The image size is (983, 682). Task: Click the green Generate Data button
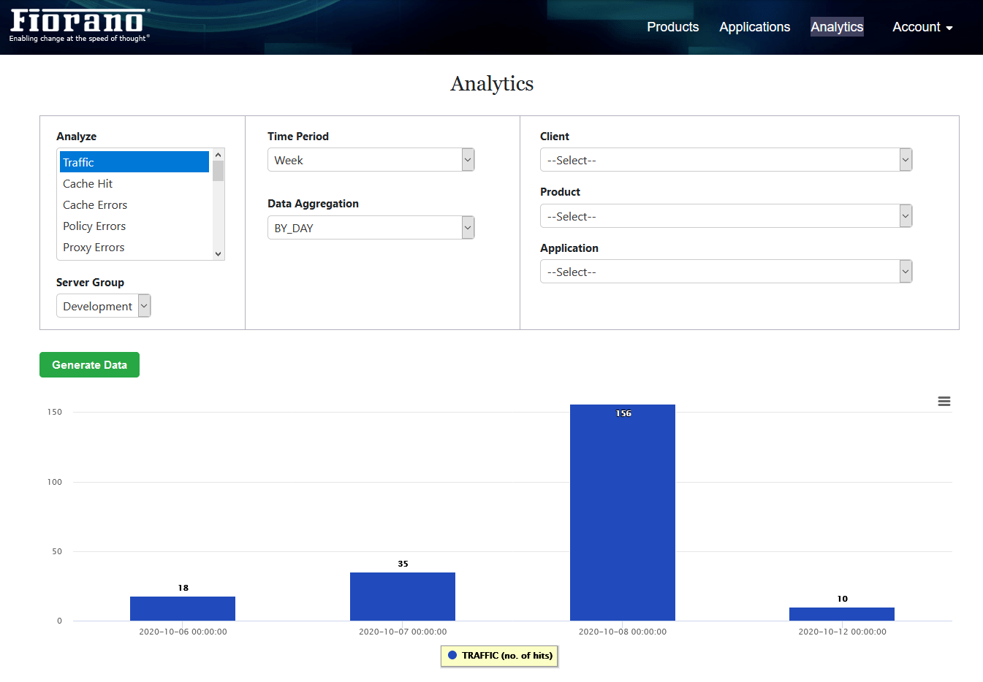click(x=89, y=364)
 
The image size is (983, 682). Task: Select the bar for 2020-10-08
click(x=622, y=513)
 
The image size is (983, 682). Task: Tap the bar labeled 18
click(x=183, y=608)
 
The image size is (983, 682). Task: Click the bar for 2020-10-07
click(x=403, y=597)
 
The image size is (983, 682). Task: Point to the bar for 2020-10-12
click(x=842, y=614)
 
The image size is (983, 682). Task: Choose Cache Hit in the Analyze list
click(x=88, y=184)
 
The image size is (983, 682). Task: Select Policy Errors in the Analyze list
click(x=94, y=226)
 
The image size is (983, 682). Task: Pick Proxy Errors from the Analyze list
click(x=94, y=248)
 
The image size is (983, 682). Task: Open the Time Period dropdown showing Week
click(x=371, y=159)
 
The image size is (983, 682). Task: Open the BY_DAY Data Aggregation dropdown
click(x=371, y=228)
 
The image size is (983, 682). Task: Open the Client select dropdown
click(x=726, y=159)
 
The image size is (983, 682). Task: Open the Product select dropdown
click(x=726, y=215)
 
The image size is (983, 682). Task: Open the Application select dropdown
click(x=726, y=272)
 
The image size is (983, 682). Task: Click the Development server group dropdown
click(x=104, y=305)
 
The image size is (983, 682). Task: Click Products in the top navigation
click(x=672, y=27)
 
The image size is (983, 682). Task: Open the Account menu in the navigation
click(x=922, y=27)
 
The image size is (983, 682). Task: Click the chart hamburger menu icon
click(x=944, y=401)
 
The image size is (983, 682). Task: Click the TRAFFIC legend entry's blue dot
click(x=452, y=655)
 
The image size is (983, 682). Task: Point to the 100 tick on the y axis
click(x=54, y=482)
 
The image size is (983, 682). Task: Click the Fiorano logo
click(x=80, y=26)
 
